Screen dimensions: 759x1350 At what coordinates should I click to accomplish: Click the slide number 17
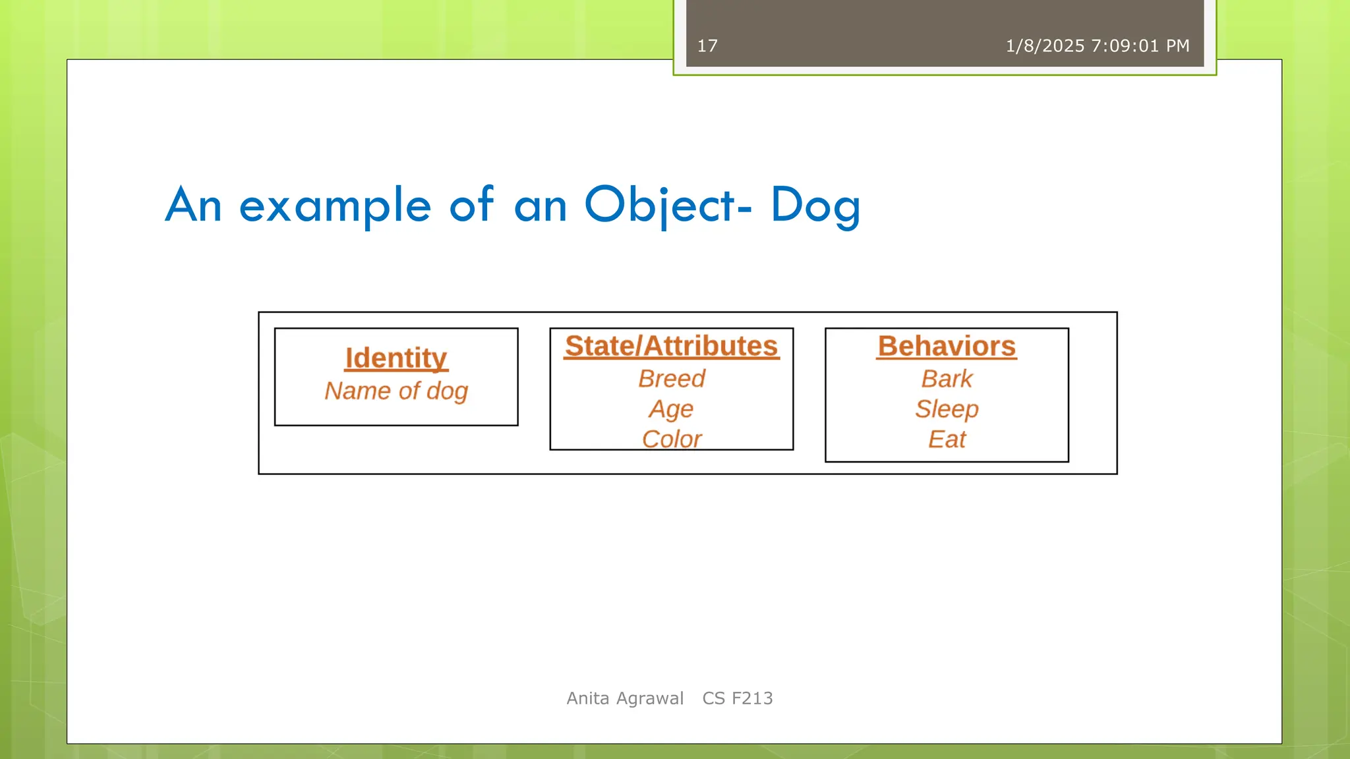tap(707, 46)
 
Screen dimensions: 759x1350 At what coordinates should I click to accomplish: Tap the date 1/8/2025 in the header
tap(1045, 46)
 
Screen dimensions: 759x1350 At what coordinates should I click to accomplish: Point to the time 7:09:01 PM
tap(1140, 46)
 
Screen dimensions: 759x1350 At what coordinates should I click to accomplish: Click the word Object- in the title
tap(667, 205)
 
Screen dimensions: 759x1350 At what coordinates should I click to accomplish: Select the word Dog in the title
tap(815, 205)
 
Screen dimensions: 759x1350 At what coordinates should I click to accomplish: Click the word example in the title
tap(335, 205)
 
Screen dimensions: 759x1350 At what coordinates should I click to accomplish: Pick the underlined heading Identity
tap(396, 358)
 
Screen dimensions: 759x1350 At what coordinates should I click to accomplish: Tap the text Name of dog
tap(396, 391)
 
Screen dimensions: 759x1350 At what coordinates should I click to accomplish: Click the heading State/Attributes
tap(671, 347)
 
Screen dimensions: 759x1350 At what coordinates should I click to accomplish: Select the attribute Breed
tap(671, 379)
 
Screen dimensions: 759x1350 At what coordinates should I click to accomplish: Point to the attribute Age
tap(671, 409)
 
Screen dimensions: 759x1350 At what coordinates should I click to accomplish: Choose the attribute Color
tap(671, 439)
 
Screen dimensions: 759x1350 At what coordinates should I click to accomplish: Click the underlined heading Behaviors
tap(947, 347)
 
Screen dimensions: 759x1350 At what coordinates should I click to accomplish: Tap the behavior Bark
tap(947, 379)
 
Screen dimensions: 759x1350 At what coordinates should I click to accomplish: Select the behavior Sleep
tap(947, 409)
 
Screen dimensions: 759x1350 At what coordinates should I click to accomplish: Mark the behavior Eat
tap(947, 439)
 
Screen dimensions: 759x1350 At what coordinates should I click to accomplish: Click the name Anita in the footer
tap(588, 698)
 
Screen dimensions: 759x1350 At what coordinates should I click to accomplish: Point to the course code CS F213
tap(738, 698)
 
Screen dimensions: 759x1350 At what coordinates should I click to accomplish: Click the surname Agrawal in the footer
tap(649, 698)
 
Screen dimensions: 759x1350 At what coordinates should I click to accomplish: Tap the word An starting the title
tap(193, 205)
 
